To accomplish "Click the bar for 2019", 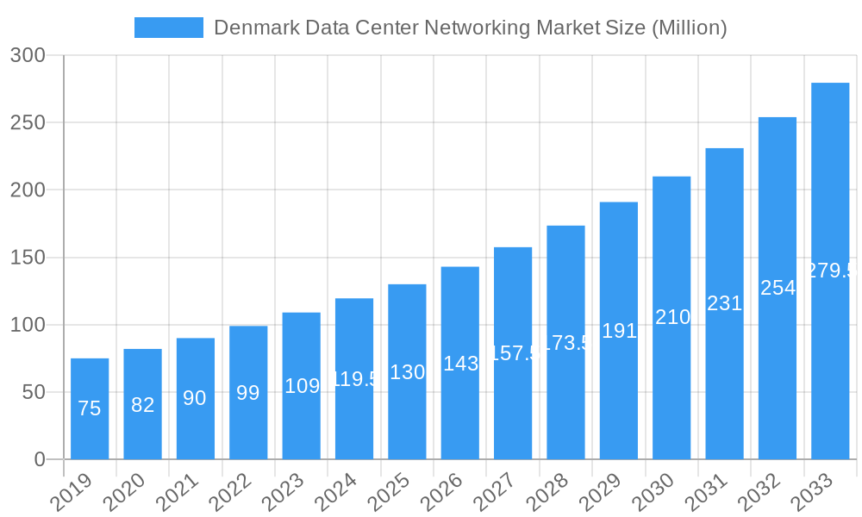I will pyautogui.click(x=90, y=409).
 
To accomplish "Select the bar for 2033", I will pyautogui.click(x=830, y=271).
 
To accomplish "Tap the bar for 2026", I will pyautogui.click(x=459, y=363).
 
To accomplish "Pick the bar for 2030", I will pyautogui.click(x=671, y=318).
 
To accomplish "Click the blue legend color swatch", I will pyautogui.click(x=169, y=28).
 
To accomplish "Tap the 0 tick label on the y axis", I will pyautogui.click(x=40, y=460).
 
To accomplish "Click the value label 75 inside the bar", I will pyautogui.click(x=90, y=409).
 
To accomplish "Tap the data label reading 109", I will pyautogui.click(x=302, y=386).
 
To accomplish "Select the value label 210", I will pyautogui.click(x=672, y=317).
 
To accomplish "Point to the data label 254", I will pyautogui.click(x=778, y=288).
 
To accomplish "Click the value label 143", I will pyautogui.click(x=460, y=364).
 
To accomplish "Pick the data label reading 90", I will pyautogui.click(x=195, y=398).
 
